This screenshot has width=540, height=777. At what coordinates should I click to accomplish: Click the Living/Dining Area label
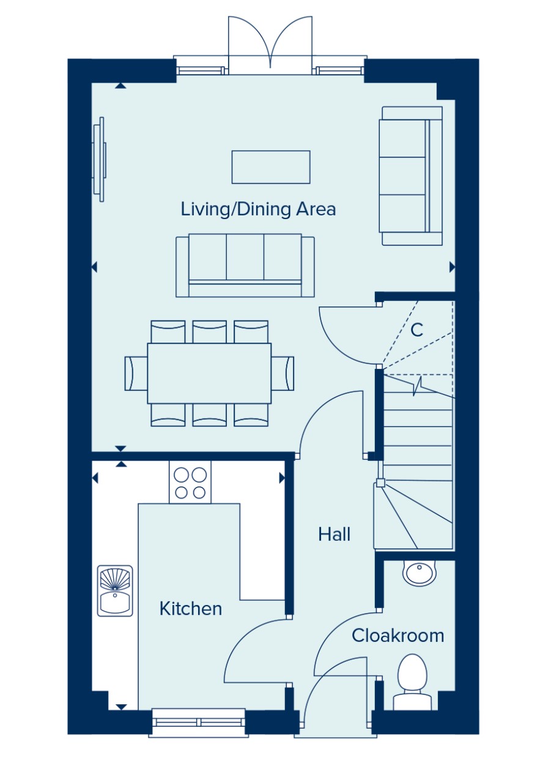click(258, 209)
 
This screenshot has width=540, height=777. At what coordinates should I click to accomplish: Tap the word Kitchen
click(190, 609)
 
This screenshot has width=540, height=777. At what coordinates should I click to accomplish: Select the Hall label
click(334, 534)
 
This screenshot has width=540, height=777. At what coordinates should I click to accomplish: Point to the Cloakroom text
click(398, 636)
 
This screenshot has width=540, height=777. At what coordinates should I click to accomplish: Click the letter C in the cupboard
click(416, 330)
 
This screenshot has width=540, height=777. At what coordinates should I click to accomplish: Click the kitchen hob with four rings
click(190, 483)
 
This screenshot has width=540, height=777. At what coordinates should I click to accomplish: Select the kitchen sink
click(115, 591)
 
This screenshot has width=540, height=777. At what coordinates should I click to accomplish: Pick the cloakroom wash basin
click(419, 573)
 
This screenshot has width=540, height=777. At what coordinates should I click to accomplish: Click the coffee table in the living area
click(271, 167)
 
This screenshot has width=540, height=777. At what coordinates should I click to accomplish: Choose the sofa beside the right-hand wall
click(410, 176)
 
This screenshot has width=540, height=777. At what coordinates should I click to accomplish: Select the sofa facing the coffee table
click(245, 266)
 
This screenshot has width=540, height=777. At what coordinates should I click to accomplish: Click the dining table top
click(209, 373)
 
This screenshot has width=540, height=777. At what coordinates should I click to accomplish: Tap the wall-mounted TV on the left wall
click(100, 159)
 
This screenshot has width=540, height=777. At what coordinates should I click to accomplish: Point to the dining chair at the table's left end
click(136, 373)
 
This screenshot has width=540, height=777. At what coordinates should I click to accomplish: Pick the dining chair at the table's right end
click(283, 373)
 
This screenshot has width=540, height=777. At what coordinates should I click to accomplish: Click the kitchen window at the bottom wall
click(199, 723)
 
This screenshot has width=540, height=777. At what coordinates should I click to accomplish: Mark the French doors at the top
click(270, 45)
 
